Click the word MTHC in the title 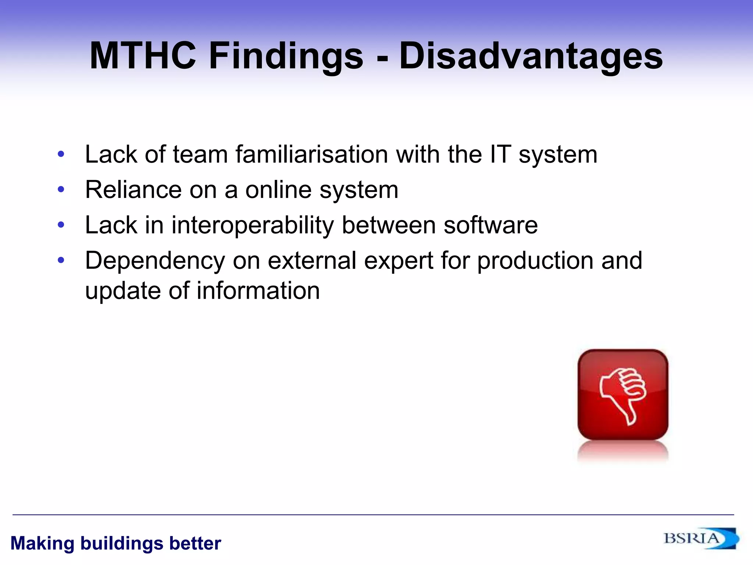[143, 56]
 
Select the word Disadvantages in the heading [531, 56]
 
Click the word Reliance [133, 190]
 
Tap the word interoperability [253, 225]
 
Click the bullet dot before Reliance [61, 190]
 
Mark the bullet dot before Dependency [61, 260]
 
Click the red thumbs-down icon [623, 395]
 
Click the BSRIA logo [700, 539]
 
